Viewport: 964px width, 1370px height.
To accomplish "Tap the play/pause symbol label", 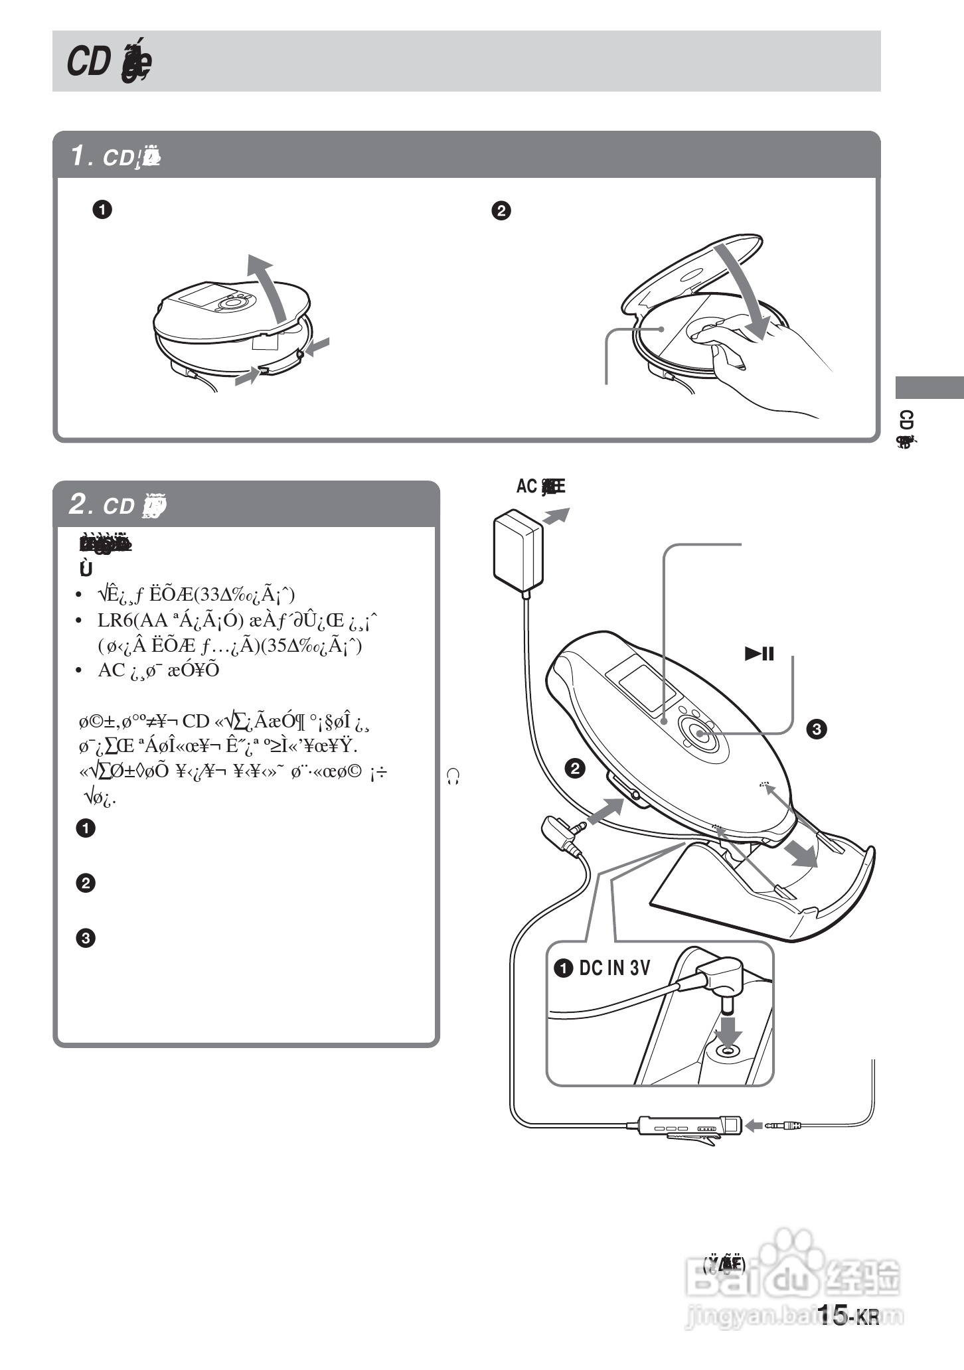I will [760, 654].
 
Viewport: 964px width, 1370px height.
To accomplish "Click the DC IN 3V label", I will [614, 968].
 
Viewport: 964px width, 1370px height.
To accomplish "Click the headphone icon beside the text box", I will [454, 777].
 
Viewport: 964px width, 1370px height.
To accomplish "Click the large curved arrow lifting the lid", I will [268, 285].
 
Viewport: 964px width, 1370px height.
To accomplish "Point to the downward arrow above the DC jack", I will [729, 1029].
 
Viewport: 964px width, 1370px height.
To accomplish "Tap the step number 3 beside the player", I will [815, 729].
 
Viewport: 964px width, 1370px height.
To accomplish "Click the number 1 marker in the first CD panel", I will [102, 210].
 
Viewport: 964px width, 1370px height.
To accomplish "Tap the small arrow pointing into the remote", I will [754, 1126].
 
